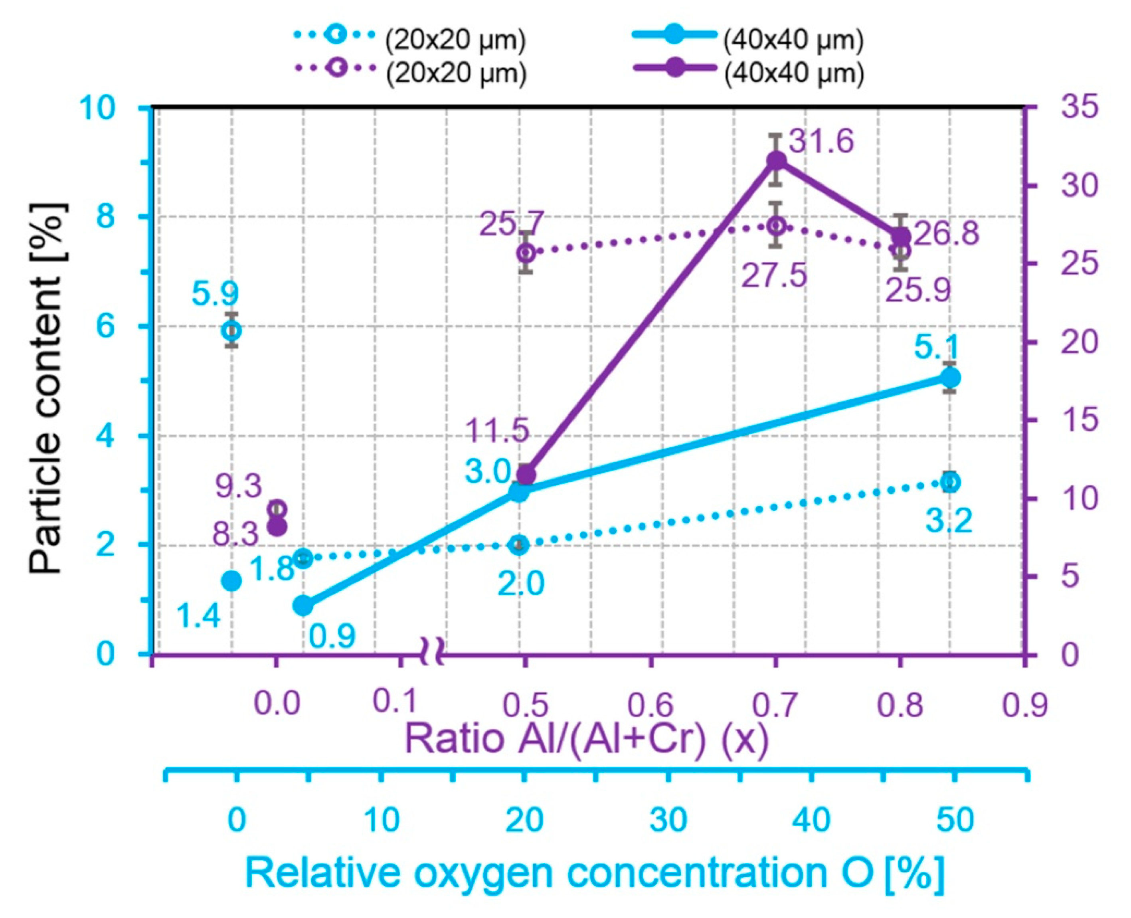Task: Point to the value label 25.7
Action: pyautogui.click(x=511, y=224)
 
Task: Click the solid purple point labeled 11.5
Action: pyautogui.click(x=526, y=475)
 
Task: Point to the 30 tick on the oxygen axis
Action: pyautogui.click(x=668, y=820)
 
